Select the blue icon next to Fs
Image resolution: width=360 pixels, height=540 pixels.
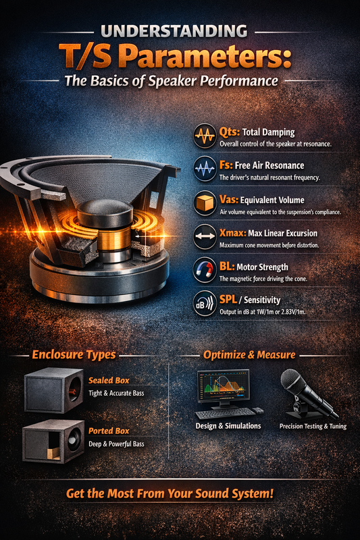click(205, 168)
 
